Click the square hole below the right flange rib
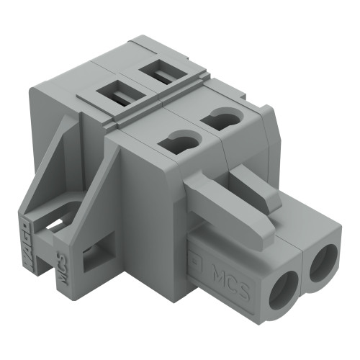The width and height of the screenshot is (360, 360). (x=94, y=257)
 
